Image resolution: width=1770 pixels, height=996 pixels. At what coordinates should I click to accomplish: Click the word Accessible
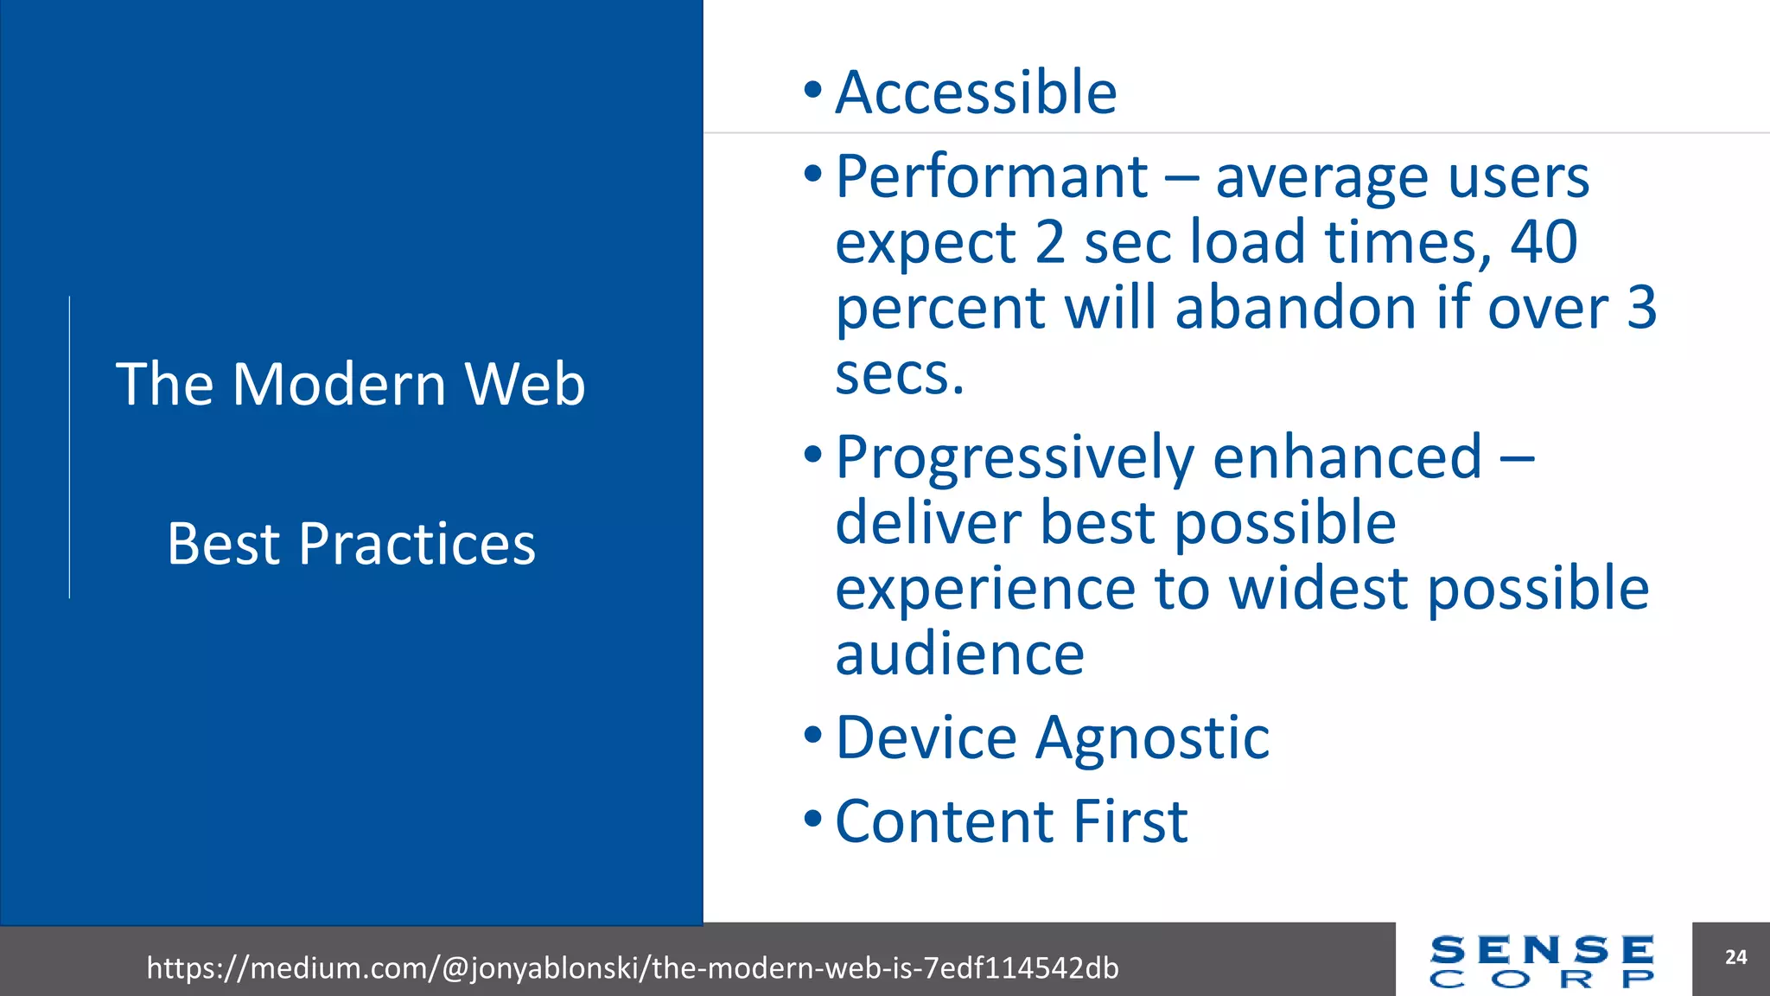[x=976, y=93]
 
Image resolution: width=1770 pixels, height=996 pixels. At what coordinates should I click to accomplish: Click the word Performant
[x=991, y=177]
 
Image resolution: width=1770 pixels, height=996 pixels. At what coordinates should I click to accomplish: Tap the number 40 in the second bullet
[x=1544, y=242]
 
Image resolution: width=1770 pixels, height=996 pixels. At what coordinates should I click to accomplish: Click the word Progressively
[x=1015, y=458]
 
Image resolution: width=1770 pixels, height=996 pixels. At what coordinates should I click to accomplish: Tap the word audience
[x=959, y=654]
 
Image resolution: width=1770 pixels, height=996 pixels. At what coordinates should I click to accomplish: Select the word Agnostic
[x=1152, y=738]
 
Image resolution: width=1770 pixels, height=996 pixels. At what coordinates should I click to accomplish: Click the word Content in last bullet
[x=945, y=821]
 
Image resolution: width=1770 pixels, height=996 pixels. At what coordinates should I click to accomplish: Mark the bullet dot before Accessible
[x=812, y=89]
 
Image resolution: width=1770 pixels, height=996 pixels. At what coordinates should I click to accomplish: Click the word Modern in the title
[x=339, y=384]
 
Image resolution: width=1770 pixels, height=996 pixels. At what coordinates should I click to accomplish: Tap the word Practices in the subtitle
[x=417, y=545]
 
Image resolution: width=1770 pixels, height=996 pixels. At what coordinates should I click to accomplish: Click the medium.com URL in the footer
[x=632, y=967]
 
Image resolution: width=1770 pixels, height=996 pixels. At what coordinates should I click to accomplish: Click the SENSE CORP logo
[x=1542, y=961]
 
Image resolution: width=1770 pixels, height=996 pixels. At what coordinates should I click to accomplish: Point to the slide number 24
[x=1735, y=957]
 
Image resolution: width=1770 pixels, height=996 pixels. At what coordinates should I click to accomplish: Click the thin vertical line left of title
[x=70, y=447]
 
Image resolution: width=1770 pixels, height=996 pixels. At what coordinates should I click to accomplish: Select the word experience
[x=985, y=589]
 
